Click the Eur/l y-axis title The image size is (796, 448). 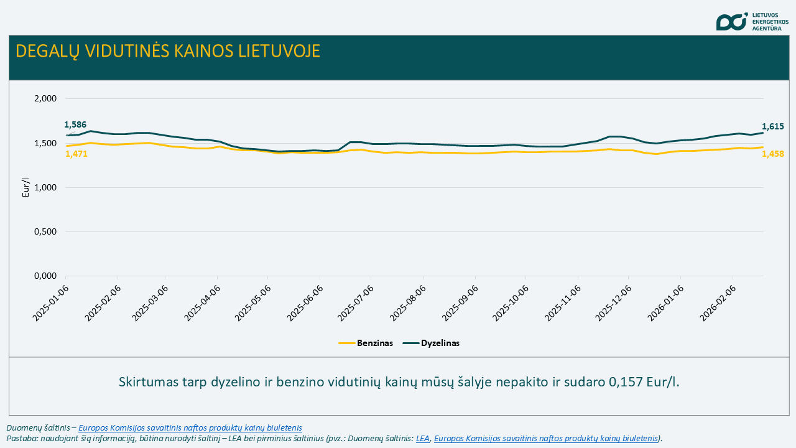[25, 187]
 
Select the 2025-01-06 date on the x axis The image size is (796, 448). [50, 304]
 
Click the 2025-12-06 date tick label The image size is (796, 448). [614, 304]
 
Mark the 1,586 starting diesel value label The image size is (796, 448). [75, 124]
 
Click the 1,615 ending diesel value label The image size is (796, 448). [772, 126]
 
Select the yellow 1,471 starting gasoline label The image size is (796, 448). [76, 154]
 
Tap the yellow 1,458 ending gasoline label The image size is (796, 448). [772, 154]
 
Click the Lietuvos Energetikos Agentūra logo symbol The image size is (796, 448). [731, 22]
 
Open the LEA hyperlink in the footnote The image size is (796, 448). [423, 438]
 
